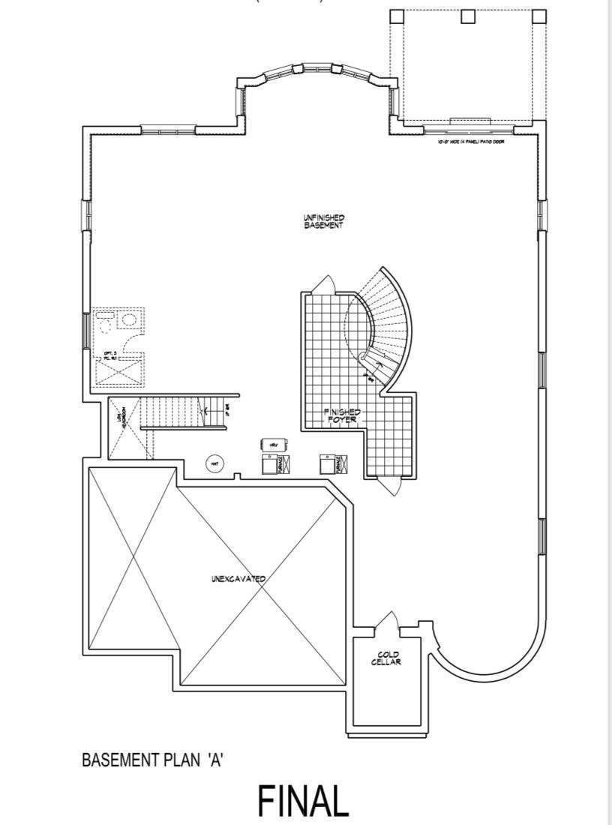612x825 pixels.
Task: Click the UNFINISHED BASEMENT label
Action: [x=323, y=221]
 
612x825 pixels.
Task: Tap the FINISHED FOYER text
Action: [x=342, y=416]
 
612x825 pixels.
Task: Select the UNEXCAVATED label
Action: [x=238, y=579]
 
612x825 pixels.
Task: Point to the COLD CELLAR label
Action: [x=388, y=658]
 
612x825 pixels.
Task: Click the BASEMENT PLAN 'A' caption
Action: [x=154, y=760]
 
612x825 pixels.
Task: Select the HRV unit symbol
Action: [x=269, y=445]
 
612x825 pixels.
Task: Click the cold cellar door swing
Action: [x=389, y=622]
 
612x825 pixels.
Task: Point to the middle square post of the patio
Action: [x=469, y=16]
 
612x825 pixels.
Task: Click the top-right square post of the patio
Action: [x=538, y=16]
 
